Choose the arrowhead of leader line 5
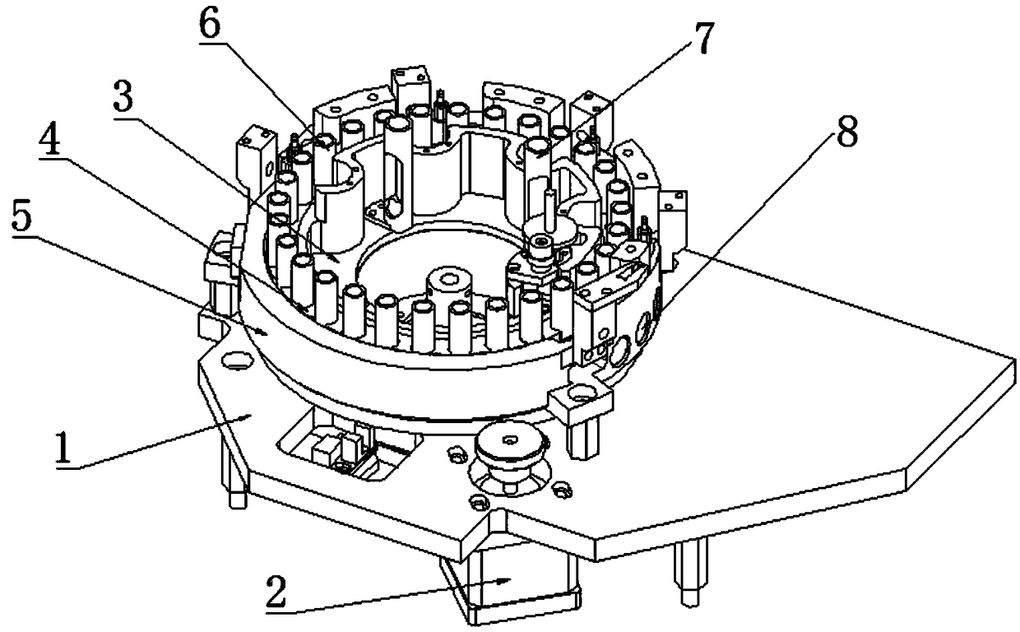pos(267,332)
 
